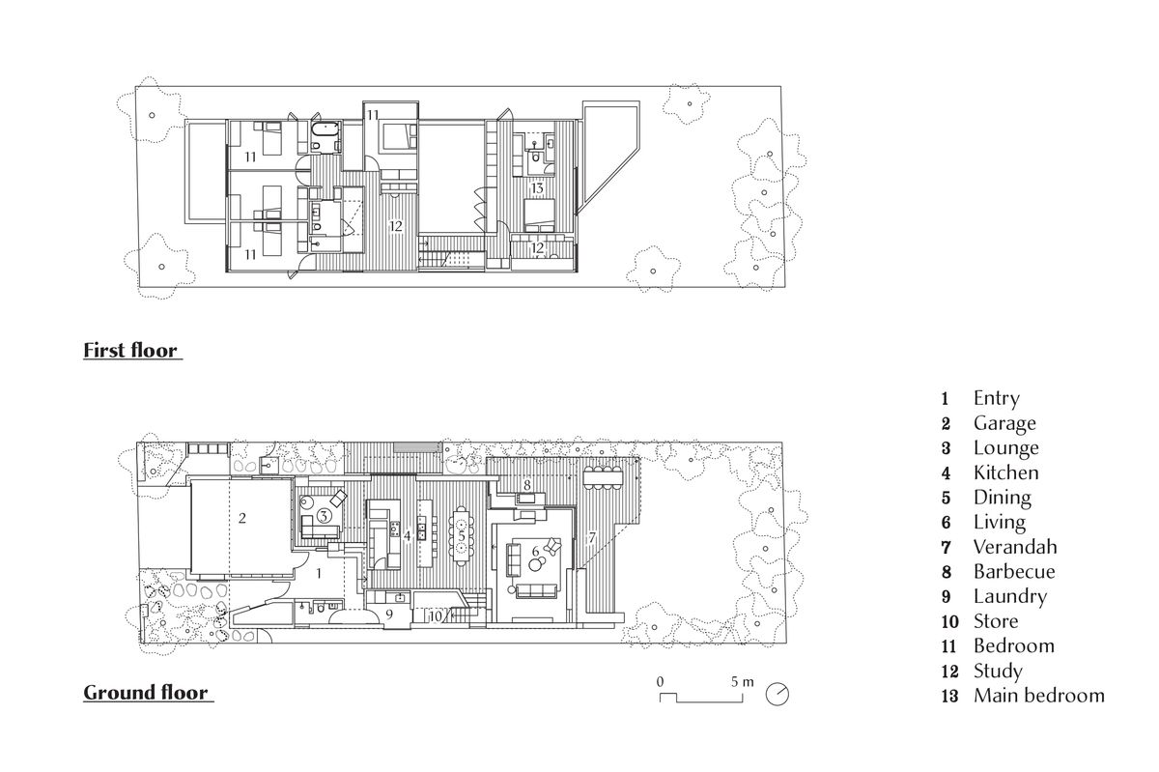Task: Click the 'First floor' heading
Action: (130, 351)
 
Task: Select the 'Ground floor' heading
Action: (146, 693)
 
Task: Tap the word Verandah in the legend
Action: (1015, 547)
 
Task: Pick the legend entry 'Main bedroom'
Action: (1039, 696)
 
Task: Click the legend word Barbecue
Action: (1014, 572)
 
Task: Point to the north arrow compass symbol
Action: (777, 695)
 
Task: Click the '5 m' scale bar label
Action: (743, 682)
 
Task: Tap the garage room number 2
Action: (242, 518)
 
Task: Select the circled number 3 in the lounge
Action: (324, 516)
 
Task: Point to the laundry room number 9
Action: (389, 615)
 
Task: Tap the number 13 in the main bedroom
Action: (537, 188)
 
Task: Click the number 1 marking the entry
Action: (319, 573)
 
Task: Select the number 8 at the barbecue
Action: (526, 485)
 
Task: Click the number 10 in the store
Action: (436, 616)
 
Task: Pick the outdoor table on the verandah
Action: (603, 476)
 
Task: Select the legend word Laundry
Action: (1010, 596)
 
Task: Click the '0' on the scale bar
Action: (661, 682)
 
